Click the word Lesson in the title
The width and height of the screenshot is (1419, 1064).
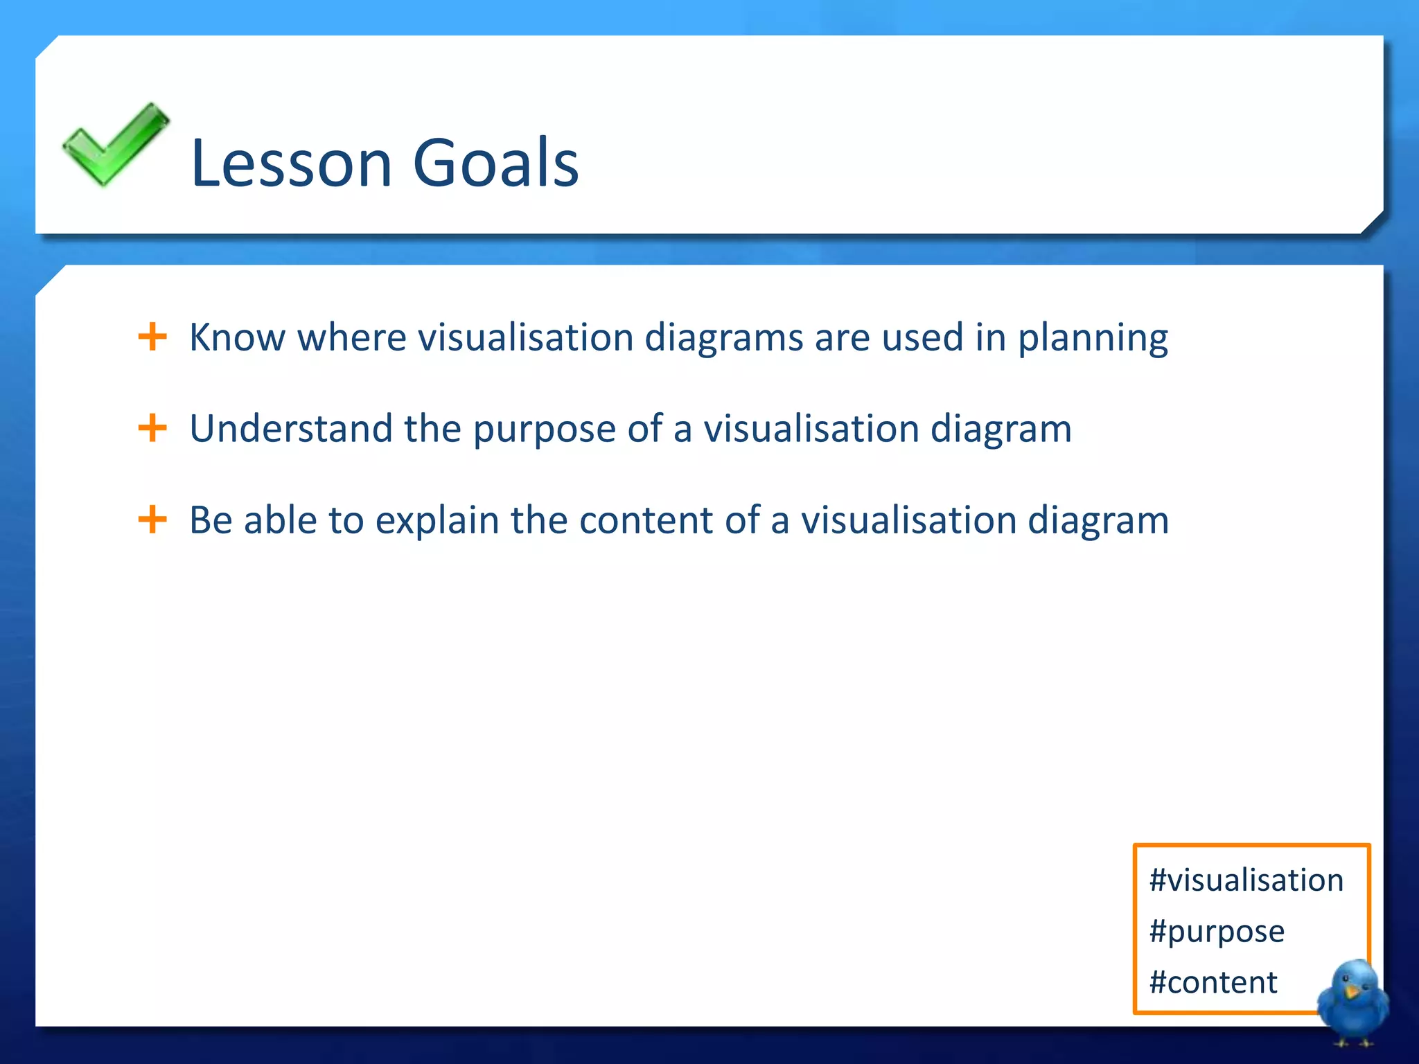(x=291, y=163)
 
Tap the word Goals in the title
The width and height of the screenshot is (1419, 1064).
(x=495, y=163)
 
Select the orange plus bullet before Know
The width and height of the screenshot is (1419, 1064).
(x=152, y=337)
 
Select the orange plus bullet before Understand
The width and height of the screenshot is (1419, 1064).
(x=152, y=428)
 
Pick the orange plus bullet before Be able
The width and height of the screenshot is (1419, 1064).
(x=152, y=520)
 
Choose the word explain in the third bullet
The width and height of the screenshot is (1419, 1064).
(x=437, y=521)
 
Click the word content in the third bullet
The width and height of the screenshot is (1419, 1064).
(x=646, y=521)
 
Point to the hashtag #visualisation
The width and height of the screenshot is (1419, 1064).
(x=1246, y=880)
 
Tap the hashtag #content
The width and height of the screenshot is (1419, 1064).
(x=1213, y=982)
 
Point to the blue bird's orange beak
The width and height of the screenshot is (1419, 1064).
(x=1350, y=992)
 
